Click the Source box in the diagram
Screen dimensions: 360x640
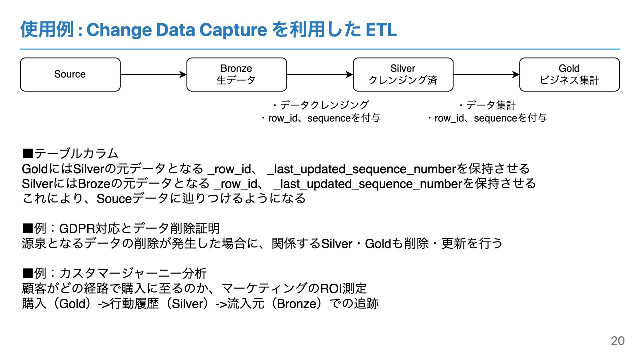tap(70, 74)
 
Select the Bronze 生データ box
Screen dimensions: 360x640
tap(236, 74)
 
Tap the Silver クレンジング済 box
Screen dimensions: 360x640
tap(403, 74)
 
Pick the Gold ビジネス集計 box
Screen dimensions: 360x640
tap(569, 74)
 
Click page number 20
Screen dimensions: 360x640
tap(617, 341)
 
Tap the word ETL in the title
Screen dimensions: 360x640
tap(381, 30)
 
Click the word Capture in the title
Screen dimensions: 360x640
tap(233, 30)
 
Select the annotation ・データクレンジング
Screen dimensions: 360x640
tap(321, 105)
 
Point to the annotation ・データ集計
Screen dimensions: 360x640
tap(487, 105)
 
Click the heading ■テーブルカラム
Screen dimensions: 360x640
tap(70, 154)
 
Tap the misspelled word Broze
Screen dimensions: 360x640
tap(94, 184)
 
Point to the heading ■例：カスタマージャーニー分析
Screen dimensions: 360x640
tap(114, 274)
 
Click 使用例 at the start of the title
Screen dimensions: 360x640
tap(47, 30)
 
